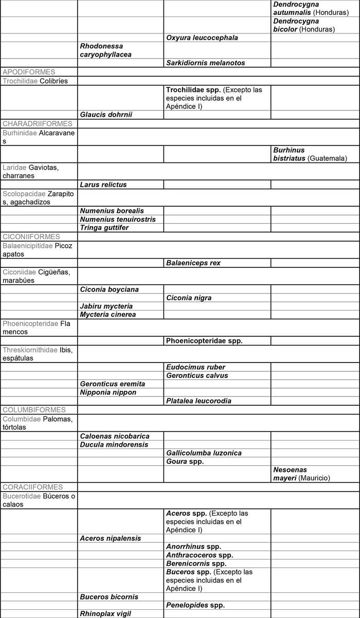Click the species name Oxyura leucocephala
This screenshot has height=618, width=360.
coord(202,38)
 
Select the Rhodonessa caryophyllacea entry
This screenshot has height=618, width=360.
coord(105,50)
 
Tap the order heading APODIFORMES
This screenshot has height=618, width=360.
coord(29,72)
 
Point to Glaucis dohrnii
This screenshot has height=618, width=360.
coord(106,115)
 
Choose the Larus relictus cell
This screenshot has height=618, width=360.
coord(103,185)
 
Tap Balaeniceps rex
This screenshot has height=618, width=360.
coord(193,263)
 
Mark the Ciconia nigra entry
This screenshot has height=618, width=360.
coord(189,298)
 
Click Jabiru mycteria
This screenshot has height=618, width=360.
coord(106,306)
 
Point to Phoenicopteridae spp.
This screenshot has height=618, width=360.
coord(204,340)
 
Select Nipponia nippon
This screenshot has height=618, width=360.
coord(109,392)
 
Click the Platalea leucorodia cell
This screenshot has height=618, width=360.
coord(199,401)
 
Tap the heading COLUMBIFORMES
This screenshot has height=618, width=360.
coord(34,410)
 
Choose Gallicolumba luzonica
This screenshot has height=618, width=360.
coord(204,453)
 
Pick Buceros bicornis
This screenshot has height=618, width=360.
coord(109,597)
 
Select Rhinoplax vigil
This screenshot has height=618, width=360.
coord(105,613)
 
